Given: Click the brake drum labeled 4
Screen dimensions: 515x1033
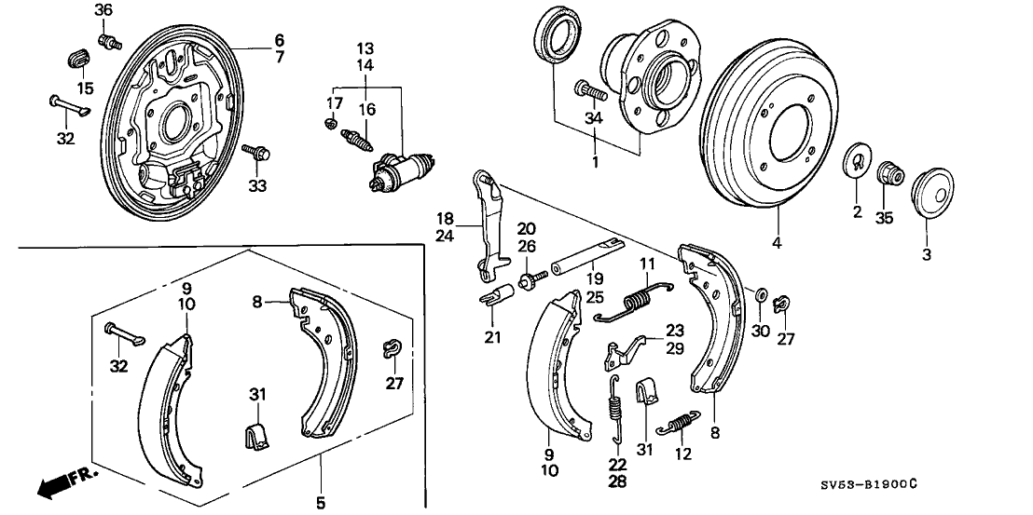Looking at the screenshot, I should point(774,140).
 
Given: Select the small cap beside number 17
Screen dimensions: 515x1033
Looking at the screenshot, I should point(330,125).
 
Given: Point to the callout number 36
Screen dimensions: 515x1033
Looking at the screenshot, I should point(103,9).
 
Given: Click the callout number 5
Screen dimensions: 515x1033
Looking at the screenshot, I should point(320,503).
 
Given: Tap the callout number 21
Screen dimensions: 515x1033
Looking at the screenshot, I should point(492,336).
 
